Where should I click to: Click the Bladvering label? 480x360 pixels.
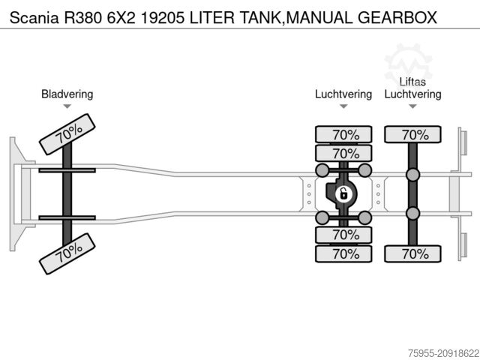[67, 94]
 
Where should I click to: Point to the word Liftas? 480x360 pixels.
[412, 82]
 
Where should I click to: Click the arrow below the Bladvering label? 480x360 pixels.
[67, 106]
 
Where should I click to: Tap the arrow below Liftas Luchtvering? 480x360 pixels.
[412, 106]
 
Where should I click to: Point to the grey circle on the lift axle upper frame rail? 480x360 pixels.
[412, 175]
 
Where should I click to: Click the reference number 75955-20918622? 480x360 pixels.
[433, 350]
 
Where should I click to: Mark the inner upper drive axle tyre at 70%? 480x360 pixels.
[345, 154]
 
